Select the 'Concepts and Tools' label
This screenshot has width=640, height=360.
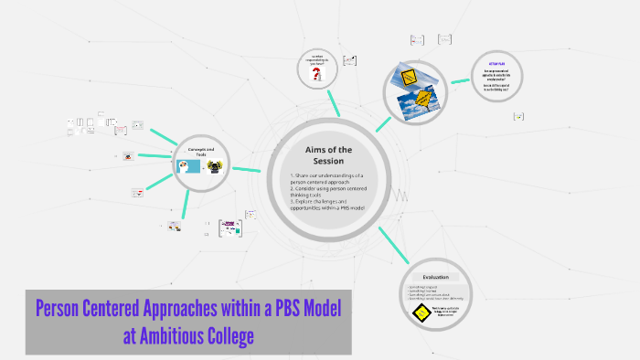click(201, 152)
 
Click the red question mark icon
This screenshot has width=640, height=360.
click(317, 73)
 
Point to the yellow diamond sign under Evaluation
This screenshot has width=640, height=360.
click(420, 313)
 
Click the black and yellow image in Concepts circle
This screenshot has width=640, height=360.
click(215, 166)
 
